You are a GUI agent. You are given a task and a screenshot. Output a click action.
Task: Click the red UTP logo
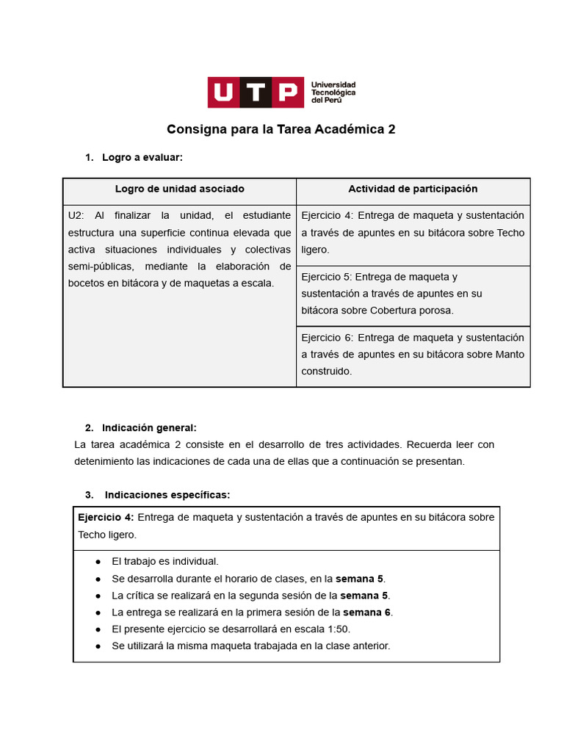255,93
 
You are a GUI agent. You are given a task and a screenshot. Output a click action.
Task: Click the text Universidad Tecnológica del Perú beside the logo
333,93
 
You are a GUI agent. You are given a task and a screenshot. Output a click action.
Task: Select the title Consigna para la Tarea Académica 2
281,130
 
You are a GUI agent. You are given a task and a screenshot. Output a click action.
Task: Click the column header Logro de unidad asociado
180,189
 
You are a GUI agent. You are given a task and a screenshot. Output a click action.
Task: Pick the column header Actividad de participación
413,189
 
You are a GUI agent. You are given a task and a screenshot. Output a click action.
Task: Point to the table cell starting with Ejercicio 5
413,294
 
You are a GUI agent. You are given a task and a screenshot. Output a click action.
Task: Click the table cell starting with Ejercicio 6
413,355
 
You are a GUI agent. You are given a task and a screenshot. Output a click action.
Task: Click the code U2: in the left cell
76,216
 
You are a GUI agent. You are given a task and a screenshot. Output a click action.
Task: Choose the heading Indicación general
149,428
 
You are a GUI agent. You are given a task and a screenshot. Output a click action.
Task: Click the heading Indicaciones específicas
167,495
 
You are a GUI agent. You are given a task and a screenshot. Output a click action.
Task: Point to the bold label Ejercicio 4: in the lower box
106,518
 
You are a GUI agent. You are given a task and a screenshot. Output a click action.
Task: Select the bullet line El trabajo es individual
165,561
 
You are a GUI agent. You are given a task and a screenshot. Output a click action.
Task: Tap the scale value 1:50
338,629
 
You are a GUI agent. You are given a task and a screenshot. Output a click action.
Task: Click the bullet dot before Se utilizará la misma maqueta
98,646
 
